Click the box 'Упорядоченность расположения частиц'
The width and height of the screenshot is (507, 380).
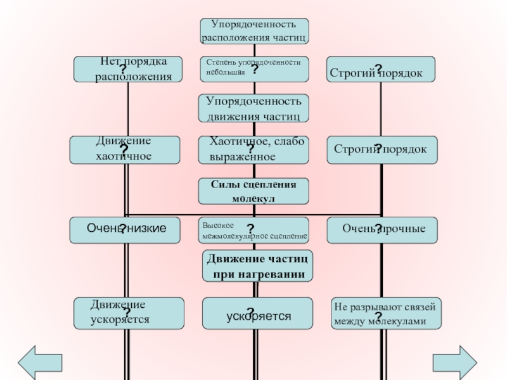click(255, 31)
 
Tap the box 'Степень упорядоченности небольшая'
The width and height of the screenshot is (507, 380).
click(255, 69)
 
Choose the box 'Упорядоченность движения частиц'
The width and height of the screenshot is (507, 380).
click(255, 108)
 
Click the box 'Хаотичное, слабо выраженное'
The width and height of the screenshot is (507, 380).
click(255, 149)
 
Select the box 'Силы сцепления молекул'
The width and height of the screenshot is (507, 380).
click(255, 191)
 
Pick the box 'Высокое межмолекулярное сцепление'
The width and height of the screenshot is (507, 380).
click(255, 230)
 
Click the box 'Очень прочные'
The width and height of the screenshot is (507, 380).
click(382, 229)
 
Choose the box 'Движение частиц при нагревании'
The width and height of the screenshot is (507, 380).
click(257, 266)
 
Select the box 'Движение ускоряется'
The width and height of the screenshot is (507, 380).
click(128, 313)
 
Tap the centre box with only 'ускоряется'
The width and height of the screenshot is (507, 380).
click(257, 313)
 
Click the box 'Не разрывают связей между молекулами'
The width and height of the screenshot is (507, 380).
click(387, 313)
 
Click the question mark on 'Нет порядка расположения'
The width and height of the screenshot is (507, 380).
click(122, 68)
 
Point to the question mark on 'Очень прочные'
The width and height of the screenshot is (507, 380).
click(377, 229)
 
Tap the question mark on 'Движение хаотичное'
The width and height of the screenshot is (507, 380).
click(124, 150)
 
